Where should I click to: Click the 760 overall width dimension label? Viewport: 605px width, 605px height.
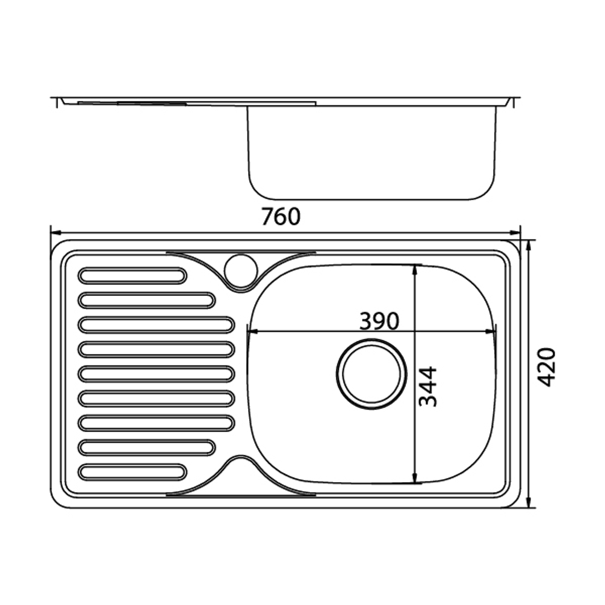(281, 217)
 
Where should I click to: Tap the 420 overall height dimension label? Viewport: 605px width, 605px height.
(546, 367)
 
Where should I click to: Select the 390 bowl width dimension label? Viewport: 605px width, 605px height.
(379, 321)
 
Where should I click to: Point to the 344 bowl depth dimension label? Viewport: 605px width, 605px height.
(428, 387)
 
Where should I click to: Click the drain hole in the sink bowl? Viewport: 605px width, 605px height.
(371, 374)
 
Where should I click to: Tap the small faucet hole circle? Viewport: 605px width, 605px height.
(241, 270)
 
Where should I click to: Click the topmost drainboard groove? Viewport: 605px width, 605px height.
(132, 276)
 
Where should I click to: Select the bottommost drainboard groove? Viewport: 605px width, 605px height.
(132, 473)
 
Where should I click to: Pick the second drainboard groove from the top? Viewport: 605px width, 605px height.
(146, 300)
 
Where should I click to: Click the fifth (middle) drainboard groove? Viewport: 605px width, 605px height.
(156, 374)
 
